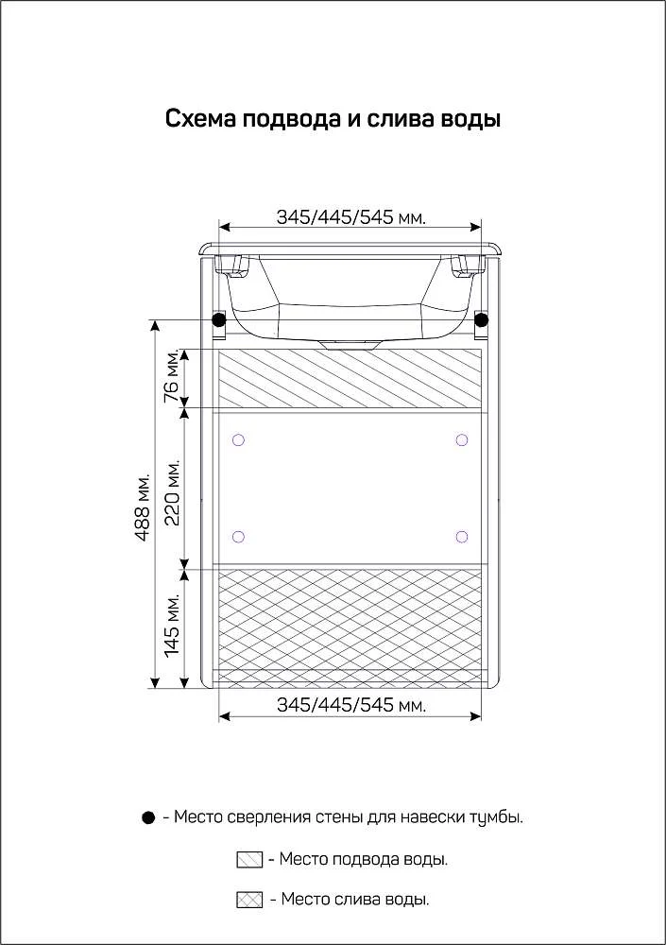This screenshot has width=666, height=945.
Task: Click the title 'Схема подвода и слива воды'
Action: [333, 119]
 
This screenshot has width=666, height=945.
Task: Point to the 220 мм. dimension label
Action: [172, 492]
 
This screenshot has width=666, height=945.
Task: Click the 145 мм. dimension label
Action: [172, 625]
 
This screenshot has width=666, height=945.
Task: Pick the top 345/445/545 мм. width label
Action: [351, 217]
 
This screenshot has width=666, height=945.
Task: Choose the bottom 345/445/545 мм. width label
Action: [351, 704]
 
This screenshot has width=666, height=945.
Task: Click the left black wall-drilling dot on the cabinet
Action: [219, 318]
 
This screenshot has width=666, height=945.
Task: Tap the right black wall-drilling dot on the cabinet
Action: [481, 318]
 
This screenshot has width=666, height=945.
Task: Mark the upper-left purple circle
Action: [238, 440]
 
